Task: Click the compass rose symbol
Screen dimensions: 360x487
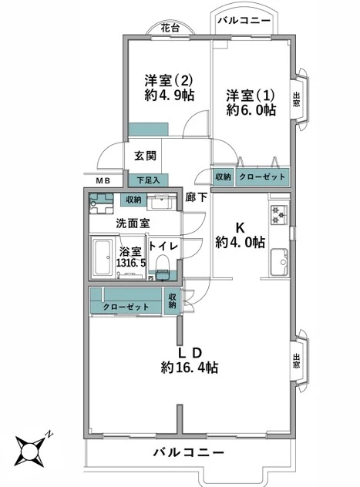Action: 31,448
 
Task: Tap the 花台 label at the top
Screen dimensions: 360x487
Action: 170,29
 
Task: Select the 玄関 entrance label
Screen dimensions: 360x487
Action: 145,156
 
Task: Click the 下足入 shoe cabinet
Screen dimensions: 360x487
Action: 148,180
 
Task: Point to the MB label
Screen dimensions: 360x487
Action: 103,181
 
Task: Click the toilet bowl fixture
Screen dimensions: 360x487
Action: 163,267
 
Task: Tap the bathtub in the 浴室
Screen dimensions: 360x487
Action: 103,257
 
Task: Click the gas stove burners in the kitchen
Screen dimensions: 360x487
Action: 279,215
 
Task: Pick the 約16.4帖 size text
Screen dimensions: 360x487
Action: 190,368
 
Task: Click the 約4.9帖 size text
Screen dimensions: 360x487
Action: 170,95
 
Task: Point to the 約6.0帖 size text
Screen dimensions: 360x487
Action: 251,109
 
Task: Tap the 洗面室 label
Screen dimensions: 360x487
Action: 133,223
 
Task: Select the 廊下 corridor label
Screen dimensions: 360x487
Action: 197,197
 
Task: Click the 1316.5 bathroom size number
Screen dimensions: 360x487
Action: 131,263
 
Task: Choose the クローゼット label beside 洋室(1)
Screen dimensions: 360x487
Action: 262,176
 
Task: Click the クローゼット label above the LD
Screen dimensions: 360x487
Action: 126,307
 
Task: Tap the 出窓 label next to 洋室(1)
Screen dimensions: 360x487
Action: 297,99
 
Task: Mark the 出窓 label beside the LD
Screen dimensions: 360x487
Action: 297,361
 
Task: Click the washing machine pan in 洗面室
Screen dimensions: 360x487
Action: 101,203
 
